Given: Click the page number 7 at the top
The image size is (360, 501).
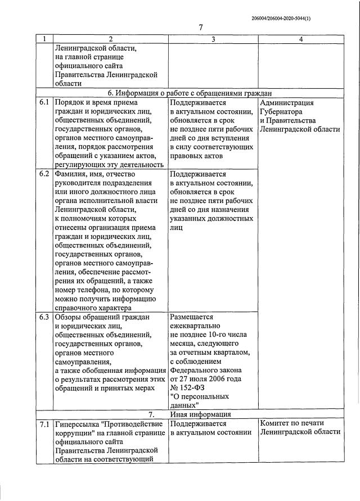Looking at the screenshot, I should pos(201,28).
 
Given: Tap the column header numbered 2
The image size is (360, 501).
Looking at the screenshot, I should pos(110,39).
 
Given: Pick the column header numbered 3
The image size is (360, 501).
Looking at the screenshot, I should pos(213,39).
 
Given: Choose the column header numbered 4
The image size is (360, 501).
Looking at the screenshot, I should pos(301,39).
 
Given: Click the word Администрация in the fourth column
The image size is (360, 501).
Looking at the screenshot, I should pos(287,103).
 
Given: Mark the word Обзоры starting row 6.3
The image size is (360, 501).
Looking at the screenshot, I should pos(69,317).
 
